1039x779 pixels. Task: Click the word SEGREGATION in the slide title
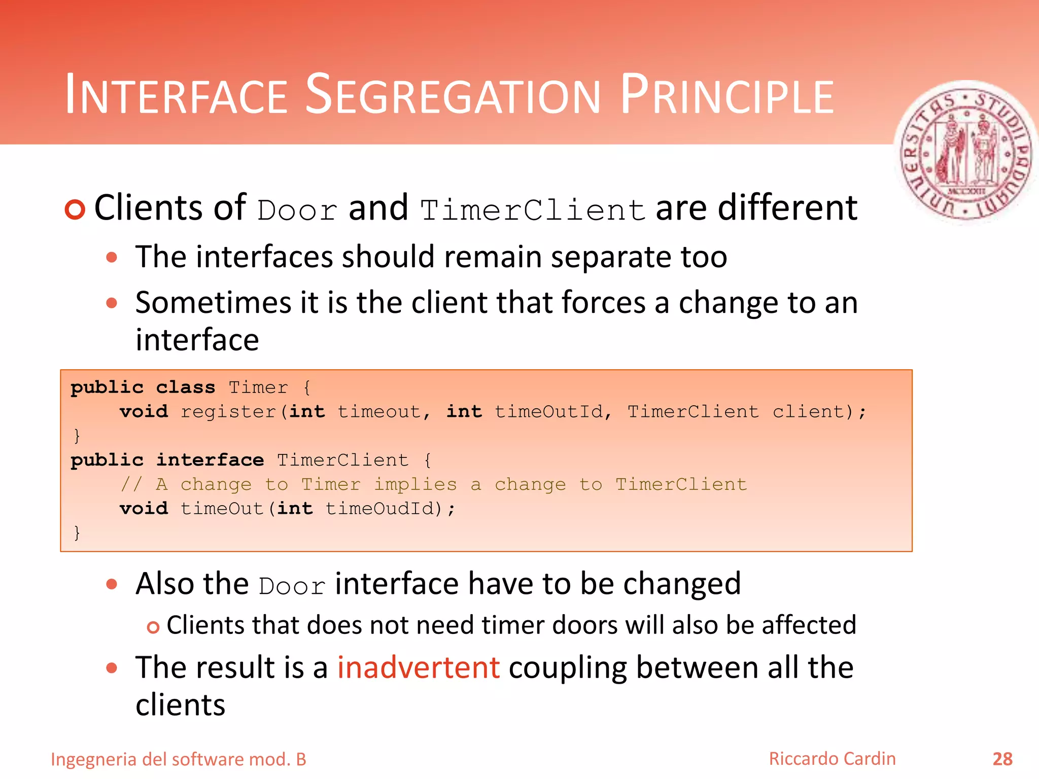click(453, 95)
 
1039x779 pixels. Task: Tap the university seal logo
click(966, 153)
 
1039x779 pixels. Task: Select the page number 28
click(1002, 759)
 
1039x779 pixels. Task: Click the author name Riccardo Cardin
click(832, 759)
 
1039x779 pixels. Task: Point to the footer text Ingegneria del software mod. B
click(179, 760)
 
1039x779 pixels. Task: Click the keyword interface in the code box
click(210, 460)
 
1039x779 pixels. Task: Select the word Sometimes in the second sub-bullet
click(214, 303)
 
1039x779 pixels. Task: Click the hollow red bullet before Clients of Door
click(75, 209)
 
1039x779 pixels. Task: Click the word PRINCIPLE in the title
click(727, 95)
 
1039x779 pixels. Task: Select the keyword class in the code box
click(186, 387)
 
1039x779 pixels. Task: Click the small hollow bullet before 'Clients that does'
click(153, 628)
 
